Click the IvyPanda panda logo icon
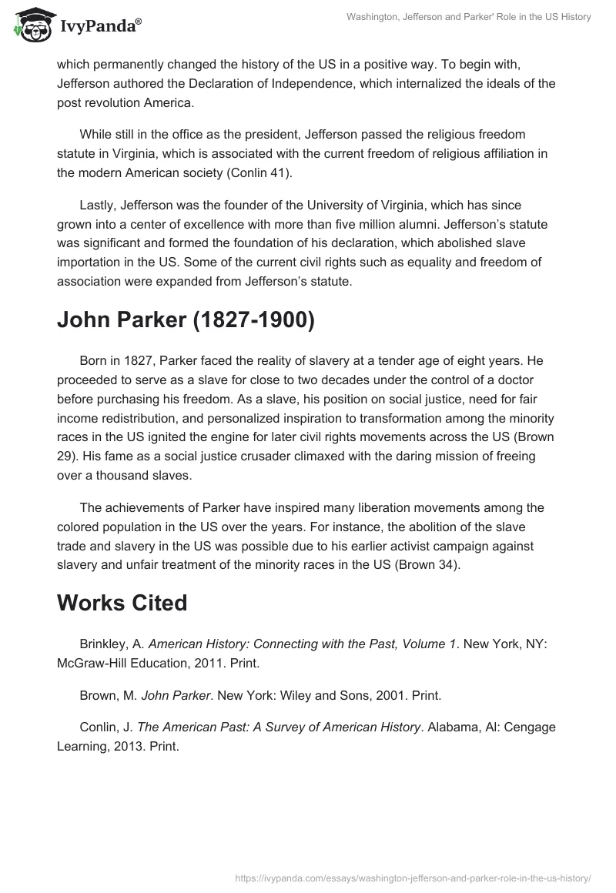point(30,25)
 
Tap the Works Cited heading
point(122,603)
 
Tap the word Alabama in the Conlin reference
point(457,727)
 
